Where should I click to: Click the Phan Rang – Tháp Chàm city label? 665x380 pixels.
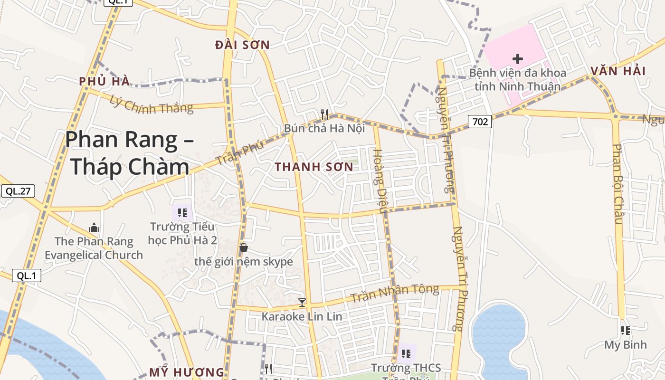click(129, 153)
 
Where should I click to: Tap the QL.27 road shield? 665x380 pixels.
click(18, 191)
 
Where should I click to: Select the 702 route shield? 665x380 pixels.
click(480, 122)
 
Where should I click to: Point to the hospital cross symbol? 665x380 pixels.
click(518, 59)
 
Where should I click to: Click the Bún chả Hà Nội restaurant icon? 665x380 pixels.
click(324, 114)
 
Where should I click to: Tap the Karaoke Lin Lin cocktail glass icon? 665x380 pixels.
click(302, 302)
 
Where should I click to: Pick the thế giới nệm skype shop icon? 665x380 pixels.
click(244, 247)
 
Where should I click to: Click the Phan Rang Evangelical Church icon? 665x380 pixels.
click(94, 228)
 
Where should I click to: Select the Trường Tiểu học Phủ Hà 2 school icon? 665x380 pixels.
click(182, 212)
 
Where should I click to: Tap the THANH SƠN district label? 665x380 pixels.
click(314, 167)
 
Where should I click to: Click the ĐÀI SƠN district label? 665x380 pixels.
click(242, 45)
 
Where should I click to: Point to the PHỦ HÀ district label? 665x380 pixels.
click(104, 81)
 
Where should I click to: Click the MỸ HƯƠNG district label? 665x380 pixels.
click(186, 372)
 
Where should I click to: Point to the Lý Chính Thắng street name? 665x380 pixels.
click(152, 104)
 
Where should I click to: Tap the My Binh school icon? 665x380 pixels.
click(626, 330)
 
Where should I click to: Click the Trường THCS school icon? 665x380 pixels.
click(406, 353)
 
